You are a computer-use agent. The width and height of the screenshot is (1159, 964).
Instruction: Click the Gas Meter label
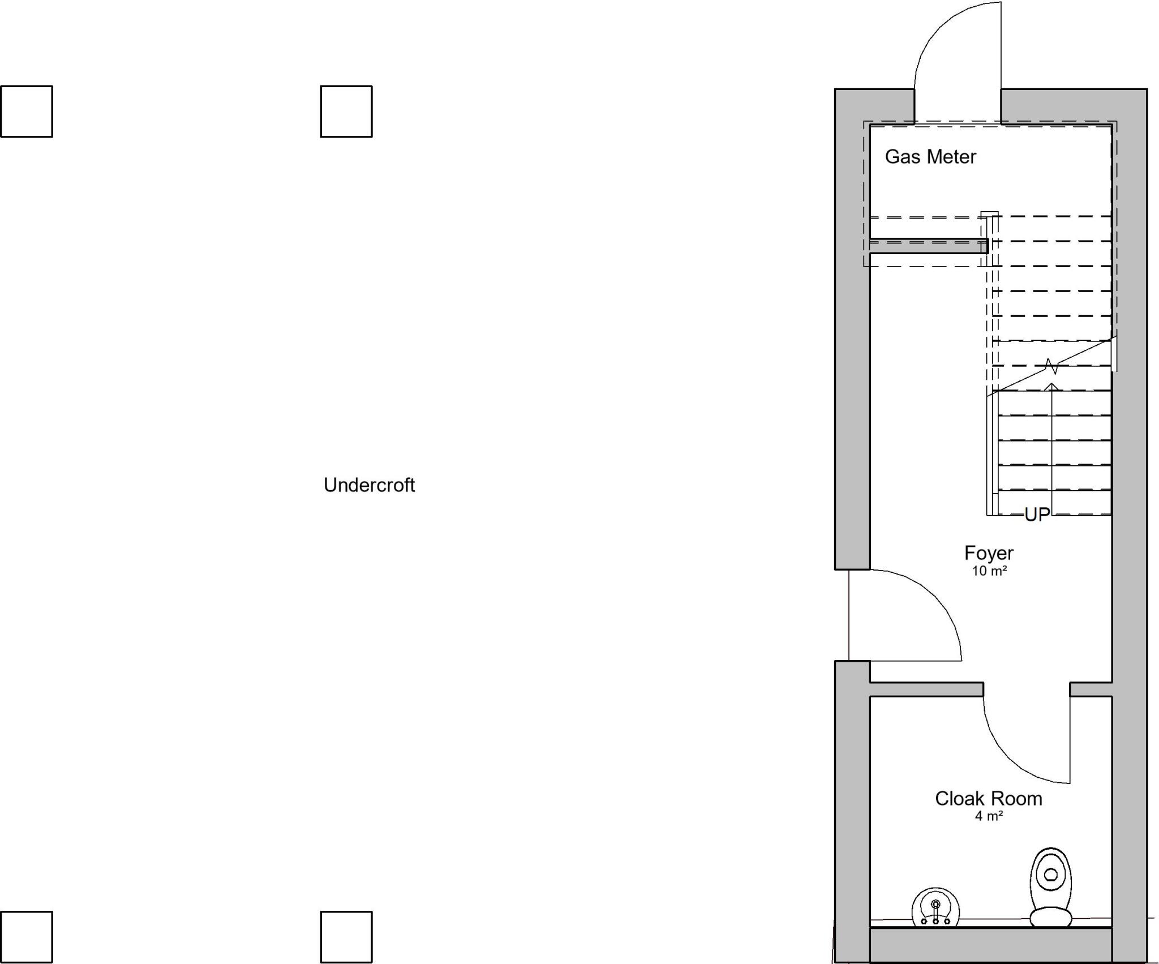(x=930, y=157)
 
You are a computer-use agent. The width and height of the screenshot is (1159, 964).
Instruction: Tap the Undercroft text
(x=369, y=485)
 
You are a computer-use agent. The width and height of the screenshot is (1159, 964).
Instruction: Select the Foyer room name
(x=989, y=553)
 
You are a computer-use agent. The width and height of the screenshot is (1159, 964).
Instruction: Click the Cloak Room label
(x=988, y=799)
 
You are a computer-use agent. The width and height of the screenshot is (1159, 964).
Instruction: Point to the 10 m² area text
(x=989, y=571)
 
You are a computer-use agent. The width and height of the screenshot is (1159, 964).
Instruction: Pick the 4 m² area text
(x=989, y=816)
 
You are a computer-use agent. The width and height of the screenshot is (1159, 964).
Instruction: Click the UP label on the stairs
(x=1037, y=515)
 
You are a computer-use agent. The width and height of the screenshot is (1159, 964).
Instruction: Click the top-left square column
(x=27, y=112)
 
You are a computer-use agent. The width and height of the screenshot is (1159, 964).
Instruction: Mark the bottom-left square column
(x=27, y=937)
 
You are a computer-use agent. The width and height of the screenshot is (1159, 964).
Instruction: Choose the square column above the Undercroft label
(x=346, y=112)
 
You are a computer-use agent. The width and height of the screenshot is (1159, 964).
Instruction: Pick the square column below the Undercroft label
(x=346, y=937)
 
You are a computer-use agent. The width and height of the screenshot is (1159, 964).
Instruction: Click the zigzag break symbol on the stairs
(x=1051, y=366)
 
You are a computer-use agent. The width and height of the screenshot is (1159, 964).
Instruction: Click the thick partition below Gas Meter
(x=929, y=246)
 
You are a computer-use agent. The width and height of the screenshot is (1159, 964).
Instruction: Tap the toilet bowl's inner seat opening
(x=1051, y=875)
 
